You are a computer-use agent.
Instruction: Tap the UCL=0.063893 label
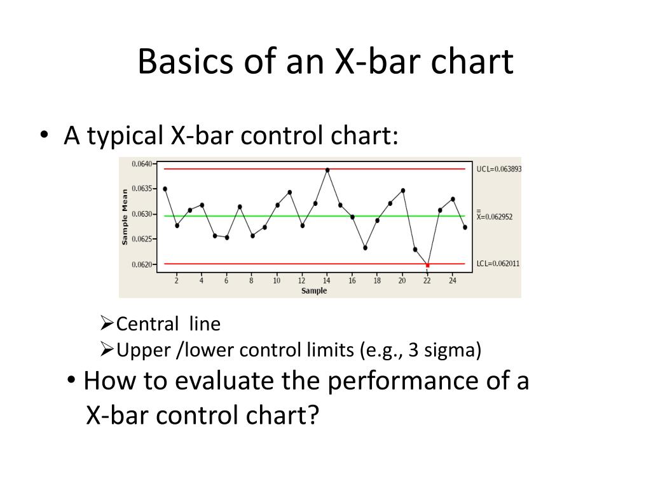(x=498, y=169)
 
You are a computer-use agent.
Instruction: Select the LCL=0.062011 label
(x=498, y=263)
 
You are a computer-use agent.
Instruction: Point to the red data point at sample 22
(x=427, y=265)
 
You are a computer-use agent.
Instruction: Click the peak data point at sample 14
(x=327, y=170)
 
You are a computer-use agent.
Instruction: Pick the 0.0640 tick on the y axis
(x=141, y=164)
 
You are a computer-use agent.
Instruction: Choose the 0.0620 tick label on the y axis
(x=141, y=264)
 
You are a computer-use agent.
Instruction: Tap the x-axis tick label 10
(x=277, y=280)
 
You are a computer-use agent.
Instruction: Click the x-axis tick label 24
(x=452, y=280)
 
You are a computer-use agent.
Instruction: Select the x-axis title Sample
(x=314, y=291)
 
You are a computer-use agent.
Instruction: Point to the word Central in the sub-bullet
(x=147, y=325)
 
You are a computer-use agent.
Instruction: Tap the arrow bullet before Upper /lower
(x=107, y=349)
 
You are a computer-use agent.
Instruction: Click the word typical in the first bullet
(x=125, y=135)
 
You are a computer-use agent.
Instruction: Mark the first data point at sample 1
(x=165, y=189)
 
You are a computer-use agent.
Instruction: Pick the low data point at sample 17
(x=365, y=248)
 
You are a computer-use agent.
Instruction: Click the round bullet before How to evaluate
(x=72, y=382)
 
